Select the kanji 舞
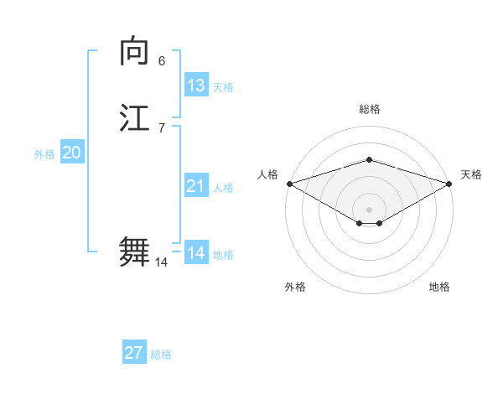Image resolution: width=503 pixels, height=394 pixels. tap(136, 252)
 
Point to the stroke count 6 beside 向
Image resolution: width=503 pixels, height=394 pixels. tap(162, 61)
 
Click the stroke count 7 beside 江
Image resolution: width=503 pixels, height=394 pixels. tap(162, 127)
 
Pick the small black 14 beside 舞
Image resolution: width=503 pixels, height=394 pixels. tap(161, 262)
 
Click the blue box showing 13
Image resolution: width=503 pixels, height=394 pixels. tap(196, 86)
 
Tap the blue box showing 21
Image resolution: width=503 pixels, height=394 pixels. tap(196, 186)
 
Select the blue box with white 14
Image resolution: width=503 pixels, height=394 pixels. tap(196, 253)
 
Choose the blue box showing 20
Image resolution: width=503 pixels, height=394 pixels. tap(71, 153)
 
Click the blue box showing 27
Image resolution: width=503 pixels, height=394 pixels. tap(134, 353)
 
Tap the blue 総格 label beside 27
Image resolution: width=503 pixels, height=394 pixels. tap(161, 355)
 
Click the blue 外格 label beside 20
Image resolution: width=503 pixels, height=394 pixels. tap(44, 154)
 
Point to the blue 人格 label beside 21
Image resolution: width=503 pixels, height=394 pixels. tap(224, 188)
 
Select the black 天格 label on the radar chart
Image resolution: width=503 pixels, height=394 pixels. tap(471, 174)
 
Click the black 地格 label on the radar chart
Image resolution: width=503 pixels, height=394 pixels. tap(439, 287)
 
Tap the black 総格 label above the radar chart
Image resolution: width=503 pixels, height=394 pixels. tap(369, 109)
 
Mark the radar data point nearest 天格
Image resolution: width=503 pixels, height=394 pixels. tap(449, 184)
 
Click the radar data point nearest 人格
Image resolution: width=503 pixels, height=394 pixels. tap(288, 184)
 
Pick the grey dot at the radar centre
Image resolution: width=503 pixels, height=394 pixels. tap(369, 209)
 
